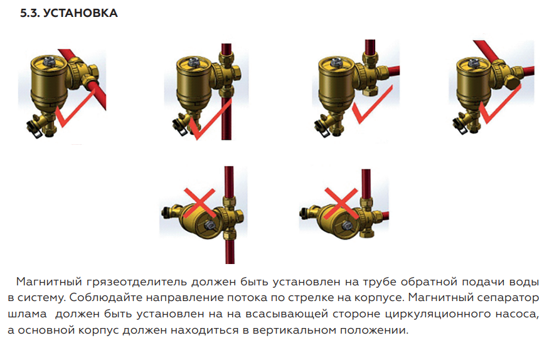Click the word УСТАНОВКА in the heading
80,13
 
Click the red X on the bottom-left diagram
200,203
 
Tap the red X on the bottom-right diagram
341,203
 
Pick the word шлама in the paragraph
27,314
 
